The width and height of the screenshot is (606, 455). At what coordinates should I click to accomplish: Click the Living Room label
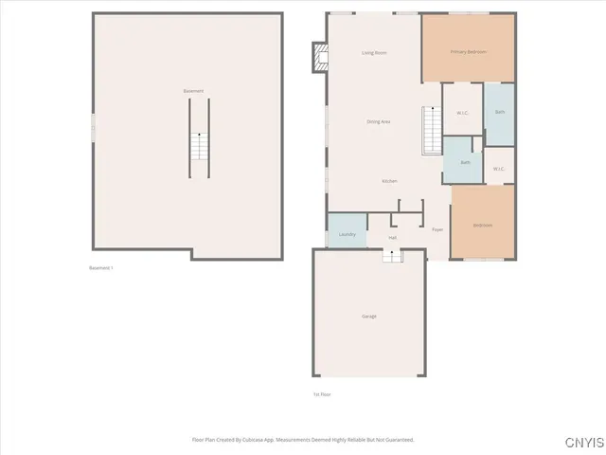(374, 53)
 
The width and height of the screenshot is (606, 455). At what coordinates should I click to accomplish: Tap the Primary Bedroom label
(468, 52)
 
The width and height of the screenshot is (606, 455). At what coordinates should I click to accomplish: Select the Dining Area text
(379, 121)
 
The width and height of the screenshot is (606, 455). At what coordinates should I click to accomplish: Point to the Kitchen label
(389, 181)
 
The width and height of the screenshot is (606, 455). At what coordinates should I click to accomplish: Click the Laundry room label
(347, 234)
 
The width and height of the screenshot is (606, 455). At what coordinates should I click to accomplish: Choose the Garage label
(369, 316)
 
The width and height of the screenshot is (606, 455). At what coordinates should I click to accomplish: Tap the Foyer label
(437, 229)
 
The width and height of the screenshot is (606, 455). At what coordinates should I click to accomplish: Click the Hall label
(392, 237)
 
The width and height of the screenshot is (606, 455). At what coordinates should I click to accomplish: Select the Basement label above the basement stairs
(193, 91)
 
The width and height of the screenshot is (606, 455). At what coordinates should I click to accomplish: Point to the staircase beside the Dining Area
(432, 130)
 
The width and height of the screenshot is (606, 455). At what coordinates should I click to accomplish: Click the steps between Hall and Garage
(392, 255)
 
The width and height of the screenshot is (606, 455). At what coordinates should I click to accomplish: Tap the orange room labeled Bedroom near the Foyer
(483, 225)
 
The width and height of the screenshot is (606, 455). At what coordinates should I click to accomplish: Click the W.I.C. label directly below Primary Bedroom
(462, 113)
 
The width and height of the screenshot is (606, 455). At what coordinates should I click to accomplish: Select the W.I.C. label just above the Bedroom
(499, 170)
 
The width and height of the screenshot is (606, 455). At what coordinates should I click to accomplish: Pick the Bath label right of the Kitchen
(465, 162)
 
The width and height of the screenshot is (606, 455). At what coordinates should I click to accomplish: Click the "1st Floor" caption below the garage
(322, 394)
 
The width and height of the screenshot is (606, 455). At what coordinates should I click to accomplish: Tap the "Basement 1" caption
(101, 268)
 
